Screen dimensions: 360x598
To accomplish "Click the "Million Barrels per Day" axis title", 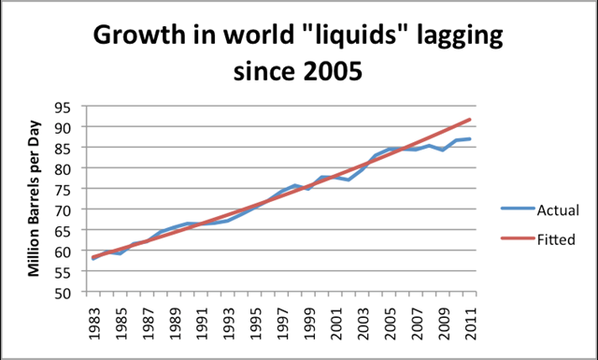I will [x=36, y=198].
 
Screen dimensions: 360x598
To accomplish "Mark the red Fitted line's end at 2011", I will [x=470, y=119].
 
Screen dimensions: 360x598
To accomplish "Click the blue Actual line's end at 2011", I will [x=470, y=138].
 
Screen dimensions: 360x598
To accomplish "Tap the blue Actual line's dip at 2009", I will [x=443, y=150].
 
